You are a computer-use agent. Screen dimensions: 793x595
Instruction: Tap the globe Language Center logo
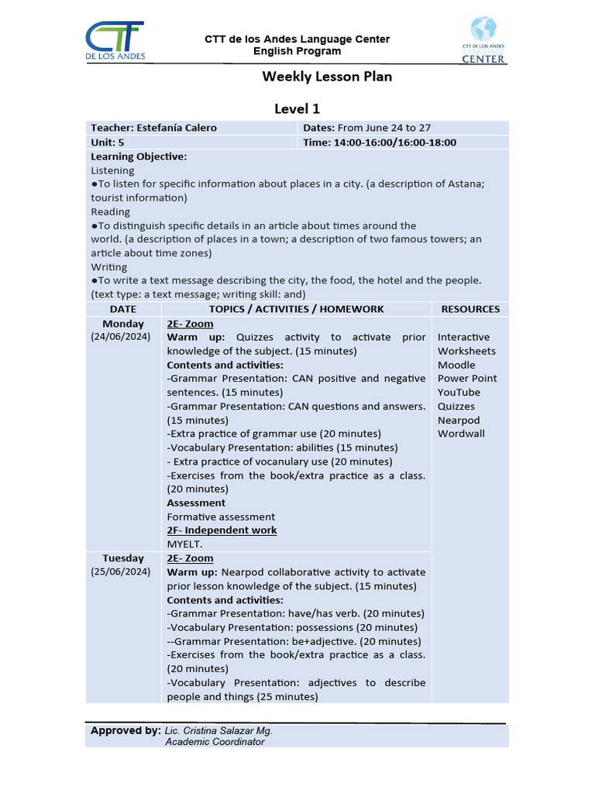coord(483,40)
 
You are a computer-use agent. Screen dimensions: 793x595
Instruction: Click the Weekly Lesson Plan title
coord(327,76)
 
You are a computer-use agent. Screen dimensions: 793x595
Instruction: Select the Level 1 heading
coord(297,108)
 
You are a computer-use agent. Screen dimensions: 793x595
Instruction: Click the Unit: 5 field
coord(108,142)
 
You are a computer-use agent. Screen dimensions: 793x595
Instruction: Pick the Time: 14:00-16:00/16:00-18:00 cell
coord(380,142)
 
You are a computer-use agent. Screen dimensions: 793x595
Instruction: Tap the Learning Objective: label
coord(139,156)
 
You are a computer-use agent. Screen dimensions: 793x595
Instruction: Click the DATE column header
coord(123,309)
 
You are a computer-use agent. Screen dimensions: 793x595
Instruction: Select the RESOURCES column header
coord(470,309)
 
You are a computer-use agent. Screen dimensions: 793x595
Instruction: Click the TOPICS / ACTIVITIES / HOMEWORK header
coord(297,309)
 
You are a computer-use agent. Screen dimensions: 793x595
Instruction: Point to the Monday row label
coord(123,324)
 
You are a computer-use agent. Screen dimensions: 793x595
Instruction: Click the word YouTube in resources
coord(459,393)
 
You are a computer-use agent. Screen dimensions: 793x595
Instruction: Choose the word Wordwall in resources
coord(461,434)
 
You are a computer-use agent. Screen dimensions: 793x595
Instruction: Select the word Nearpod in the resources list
coord(459,420)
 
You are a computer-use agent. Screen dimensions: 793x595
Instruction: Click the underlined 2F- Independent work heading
coord(222,530)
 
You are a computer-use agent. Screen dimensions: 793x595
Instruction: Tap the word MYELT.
coord(184,544)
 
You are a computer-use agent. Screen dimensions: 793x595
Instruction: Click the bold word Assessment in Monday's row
coord(196,503)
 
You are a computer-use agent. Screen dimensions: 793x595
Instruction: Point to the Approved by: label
coord(125,730)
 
